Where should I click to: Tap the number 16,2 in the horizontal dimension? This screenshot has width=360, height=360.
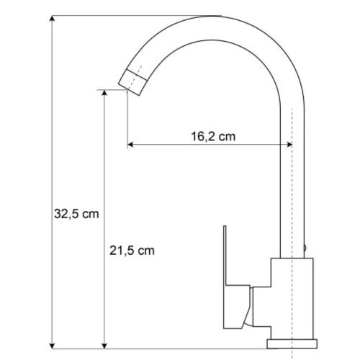click(204, 135)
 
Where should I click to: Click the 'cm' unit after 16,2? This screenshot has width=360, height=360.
click(228, 135)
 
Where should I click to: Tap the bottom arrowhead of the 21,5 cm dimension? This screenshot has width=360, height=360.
click(106, 341)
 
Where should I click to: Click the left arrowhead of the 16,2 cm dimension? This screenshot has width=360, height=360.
click(130, 146)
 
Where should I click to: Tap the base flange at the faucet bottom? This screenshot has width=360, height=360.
click(291, 341)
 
